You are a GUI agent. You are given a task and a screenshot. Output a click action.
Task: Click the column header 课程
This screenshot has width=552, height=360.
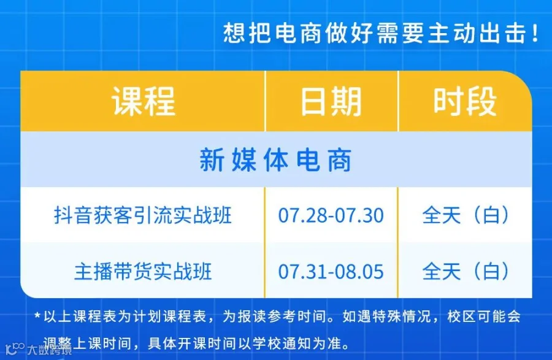(x=144, y=101)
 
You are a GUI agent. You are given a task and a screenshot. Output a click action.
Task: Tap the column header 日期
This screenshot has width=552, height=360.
(x=331, y=101)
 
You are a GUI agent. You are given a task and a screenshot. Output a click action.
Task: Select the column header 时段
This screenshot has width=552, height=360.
(x=465, y=101)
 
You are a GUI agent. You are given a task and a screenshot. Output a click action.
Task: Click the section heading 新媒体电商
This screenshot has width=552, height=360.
(x=275, y=160)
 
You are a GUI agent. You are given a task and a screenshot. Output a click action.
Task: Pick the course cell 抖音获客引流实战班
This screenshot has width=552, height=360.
(x=142, y=215)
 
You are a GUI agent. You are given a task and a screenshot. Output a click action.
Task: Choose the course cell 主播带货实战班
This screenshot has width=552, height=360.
(x=143, y=271)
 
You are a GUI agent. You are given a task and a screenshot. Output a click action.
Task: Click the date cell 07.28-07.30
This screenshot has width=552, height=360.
(x=331, y=215)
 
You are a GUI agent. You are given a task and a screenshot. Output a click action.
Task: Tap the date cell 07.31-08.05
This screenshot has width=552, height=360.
(x=331, y=272)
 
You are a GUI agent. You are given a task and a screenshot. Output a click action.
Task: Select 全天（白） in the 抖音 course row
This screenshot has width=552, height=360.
(x=466, y=215)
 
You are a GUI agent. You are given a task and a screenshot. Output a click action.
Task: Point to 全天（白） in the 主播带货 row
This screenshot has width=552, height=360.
(x=466, y=271)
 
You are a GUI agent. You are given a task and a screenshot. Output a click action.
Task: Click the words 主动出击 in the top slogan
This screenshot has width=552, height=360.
(x=477, y=33)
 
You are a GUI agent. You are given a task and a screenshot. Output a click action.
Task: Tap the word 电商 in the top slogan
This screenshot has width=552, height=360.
(x=298, y=33)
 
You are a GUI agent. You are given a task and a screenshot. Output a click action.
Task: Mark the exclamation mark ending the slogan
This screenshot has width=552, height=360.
(x=535, y=33)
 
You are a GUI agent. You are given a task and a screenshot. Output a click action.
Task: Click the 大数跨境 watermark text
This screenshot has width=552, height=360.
(x=50, y=350)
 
